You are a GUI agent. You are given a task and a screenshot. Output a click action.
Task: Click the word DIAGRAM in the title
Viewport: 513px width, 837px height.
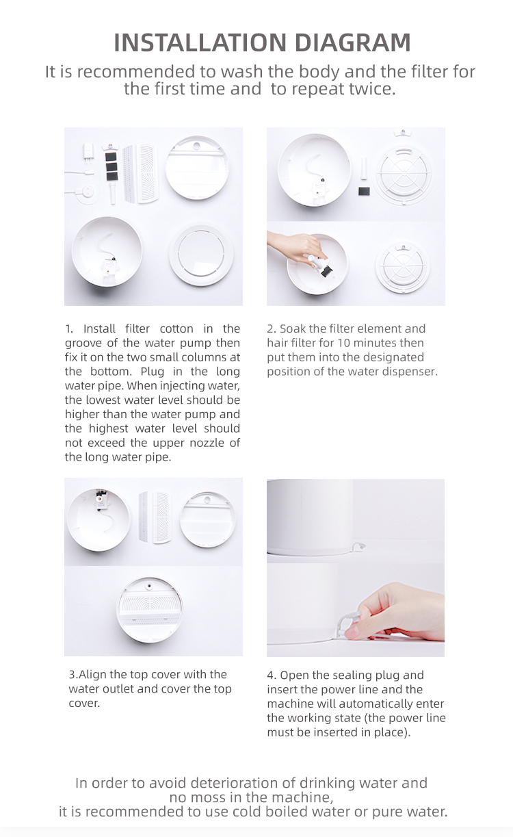pyautogui.click(x=353, y=42)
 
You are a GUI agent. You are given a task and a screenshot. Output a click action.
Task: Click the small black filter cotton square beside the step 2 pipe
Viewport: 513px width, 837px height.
pyautogui.click(x=364, y=192)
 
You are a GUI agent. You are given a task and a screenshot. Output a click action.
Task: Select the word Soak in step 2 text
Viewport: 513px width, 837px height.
pyautogui.click(x=293, y=329)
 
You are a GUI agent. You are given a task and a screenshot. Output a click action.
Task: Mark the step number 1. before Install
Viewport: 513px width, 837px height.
pyautogui.click(x=70, y=329)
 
